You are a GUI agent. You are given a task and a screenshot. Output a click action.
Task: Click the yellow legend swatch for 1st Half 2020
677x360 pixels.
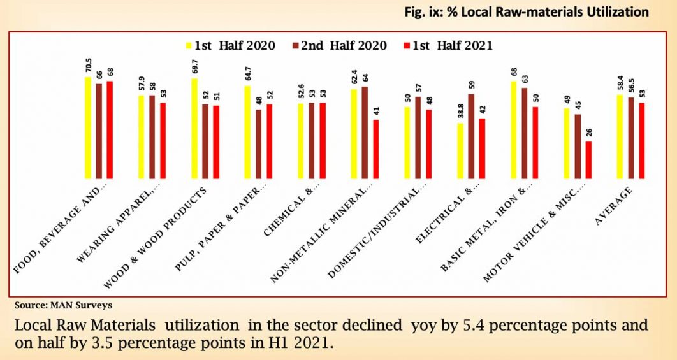pyautogui.click(x=189, y=46)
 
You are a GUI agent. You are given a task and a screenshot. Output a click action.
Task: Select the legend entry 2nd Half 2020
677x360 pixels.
pyautogui.click(x=347, y=45)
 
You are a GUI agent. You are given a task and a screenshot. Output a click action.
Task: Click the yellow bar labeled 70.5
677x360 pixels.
pyautogui.click(x=88, y=127)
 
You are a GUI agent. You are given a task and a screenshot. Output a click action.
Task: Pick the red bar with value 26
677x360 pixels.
pyautogui.click(x=588, y=159)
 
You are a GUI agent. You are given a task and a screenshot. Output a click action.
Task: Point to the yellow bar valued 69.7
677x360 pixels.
pyautogui.click(x=194, y=128)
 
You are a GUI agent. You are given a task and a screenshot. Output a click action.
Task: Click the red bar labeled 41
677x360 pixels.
pyautogui.click(x=375, y=148)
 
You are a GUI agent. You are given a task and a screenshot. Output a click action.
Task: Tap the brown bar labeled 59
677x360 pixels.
pyautogui.click(x=471, y=136)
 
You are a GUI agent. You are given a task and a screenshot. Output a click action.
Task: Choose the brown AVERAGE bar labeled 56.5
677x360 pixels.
pyautogui.click(x=631, y=138)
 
